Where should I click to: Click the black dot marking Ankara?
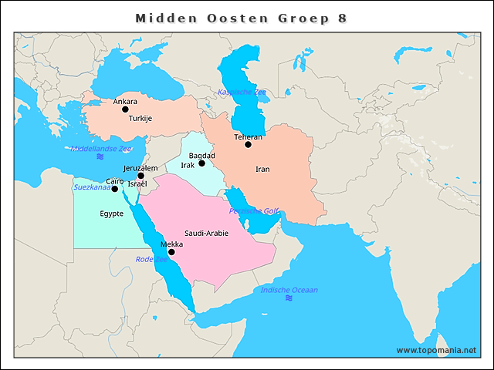click(x=125, y=109)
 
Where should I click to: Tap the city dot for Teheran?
click(x=248, y=144)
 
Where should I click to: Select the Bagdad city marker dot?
click(x=201, y=163)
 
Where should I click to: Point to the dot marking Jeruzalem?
click(x=140, y=176)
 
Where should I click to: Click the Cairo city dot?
click(x=115, y=189)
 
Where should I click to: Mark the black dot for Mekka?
click(x=171, y=252)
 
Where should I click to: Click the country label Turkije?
click(x=140, y=119)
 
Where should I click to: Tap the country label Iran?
click(x=262, y=169)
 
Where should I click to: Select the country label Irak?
click(x=188, y=165)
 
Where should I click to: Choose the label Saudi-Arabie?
click(x=206, y=233)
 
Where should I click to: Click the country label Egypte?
click(x=112, y=214)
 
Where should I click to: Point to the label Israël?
click(x=137, y=184)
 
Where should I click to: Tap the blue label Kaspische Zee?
click(x=242, y=92)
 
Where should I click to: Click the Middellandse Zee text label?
click(x=100, y=148)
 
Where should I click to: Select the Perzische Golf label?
click(x=253, y=210)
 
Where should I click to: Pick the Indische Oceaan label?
click(x=289, y=290)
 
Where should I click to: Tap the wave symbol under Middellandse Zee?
click(x=100, y=157)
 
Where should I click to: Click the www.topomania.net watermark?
click(x=436, y=350)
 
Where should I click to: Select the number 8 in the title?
click(x=342, y=17)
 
